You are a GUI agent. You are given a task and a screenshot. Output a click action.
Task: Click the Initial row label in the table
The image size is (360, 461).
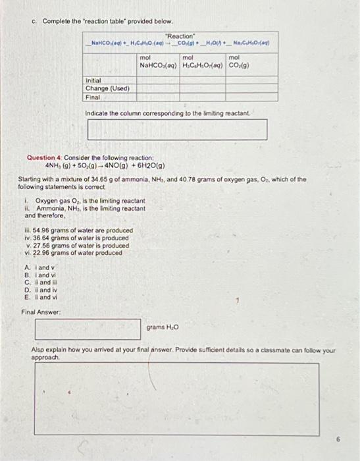coord(96,81)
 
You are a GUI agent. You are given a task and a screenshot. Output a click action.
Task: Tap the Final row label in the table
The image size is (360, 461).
coord(93,97)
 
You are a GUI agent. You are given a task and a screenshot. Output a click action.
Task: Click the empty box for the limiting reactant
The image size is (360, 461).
coord(177,130)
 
